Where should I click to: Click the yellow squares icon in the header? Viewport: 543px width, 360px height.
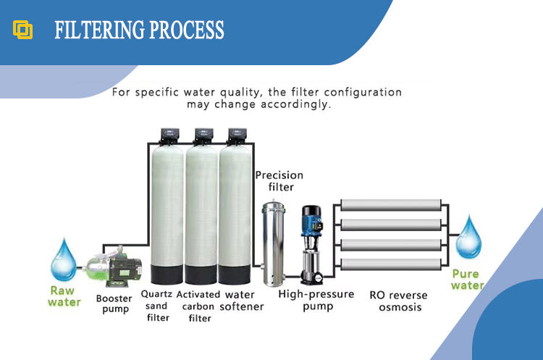click(23, 30)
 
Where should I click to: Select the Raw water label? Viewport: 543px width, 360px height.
click(64, 296)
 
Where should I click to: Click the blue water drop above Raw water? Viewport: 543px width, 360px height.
click(66, 259)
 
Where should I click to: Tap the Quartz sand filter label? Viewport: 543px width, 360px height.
click(156, 306)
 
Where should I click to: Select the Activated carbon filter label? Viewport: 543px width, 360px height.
click(198, 306)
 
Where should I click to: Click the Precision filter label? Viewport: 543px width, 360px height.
click(279, 181)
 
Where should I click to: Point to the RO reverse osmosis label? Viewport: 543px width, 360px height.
click(398, 301)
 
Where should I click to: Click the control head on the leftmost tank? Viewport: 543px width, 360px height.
click(171, 135)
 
